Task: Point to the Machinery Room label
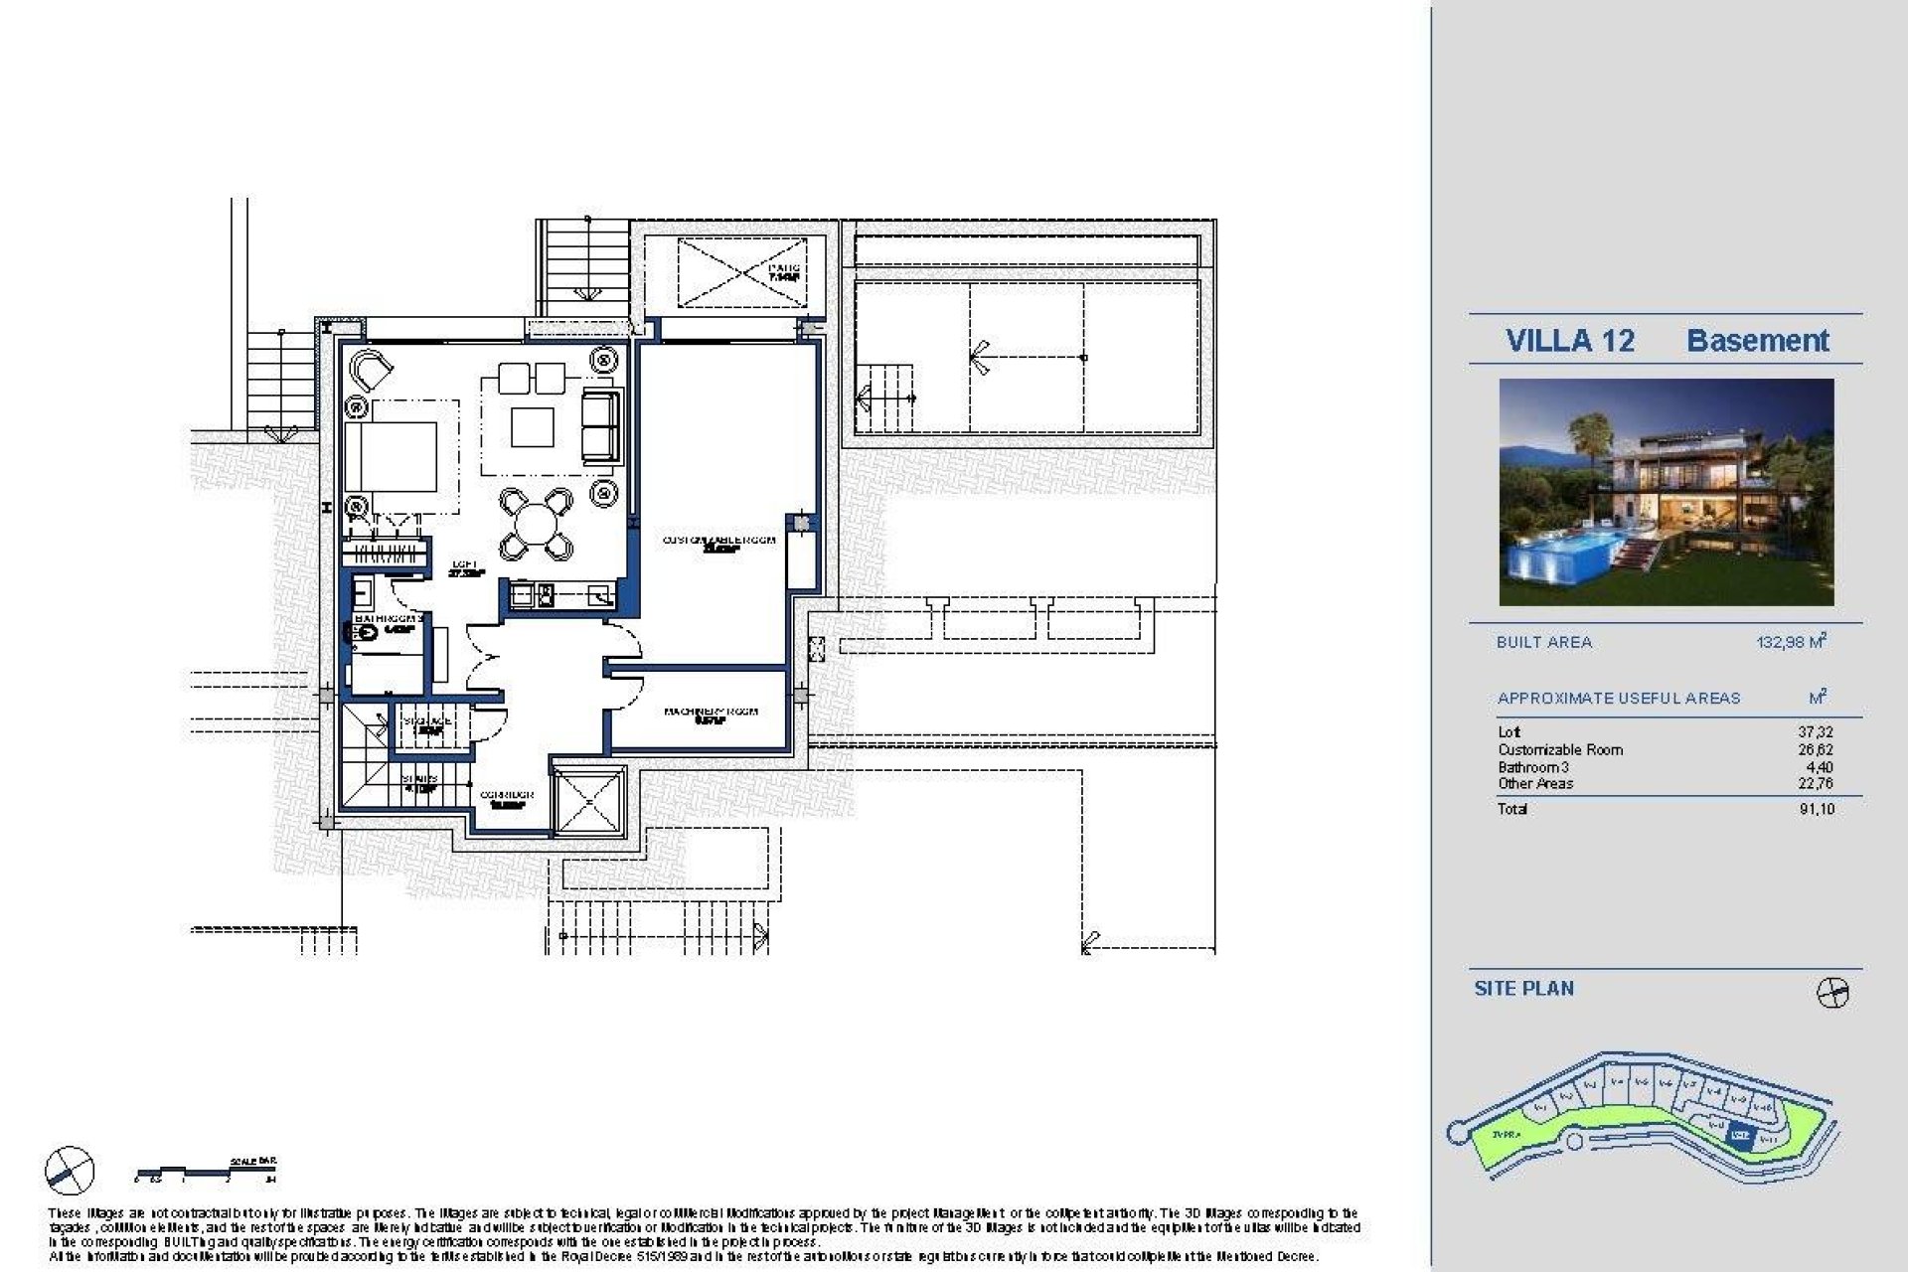(711, 714)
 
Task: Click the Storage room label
(427, 723)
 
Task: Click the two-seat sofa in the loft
(599, 424)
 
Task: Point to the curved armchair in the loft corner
(372, 371)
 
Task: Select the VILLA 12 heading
(1569, 341)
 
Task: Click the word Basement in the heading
(1757, 341)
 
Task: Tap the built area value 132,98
(1791, 642)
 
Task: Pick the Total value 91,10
(1816, 809)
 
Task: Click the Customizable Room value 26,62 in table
(1816, 750)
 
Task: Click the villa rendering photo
(1666, 492)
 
